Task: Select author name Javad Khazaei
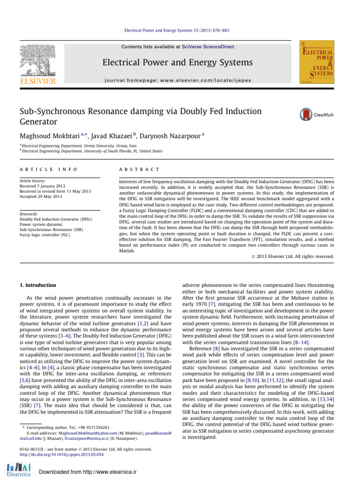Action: click(x=112, y=136)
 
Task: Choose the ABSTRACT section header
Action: click(x=140, y=169)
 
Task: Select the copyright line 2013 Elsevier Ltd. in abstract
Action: click(x=294, y=256)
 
